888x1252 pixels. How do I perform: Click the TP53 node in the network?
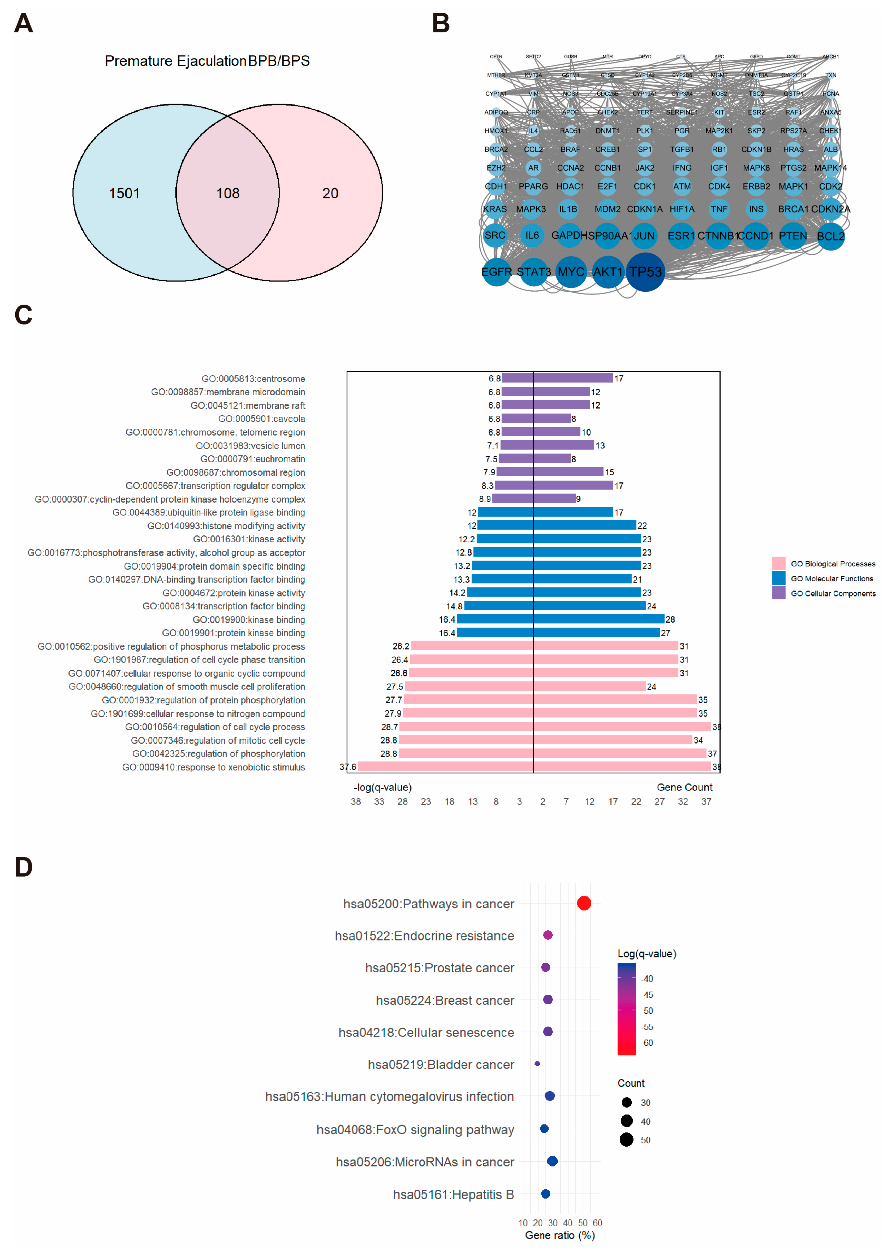pyautogui.click(x=645, y=272)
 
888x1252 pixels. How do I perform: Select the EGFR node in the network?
pyautogui.click(x=496, y=272)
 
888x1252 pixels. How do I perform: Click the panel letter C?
pyautogui.click(x=24, y=315)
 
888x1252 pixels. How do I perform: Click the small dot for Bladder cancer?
pyautogui.click(x=537, y=1063)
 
